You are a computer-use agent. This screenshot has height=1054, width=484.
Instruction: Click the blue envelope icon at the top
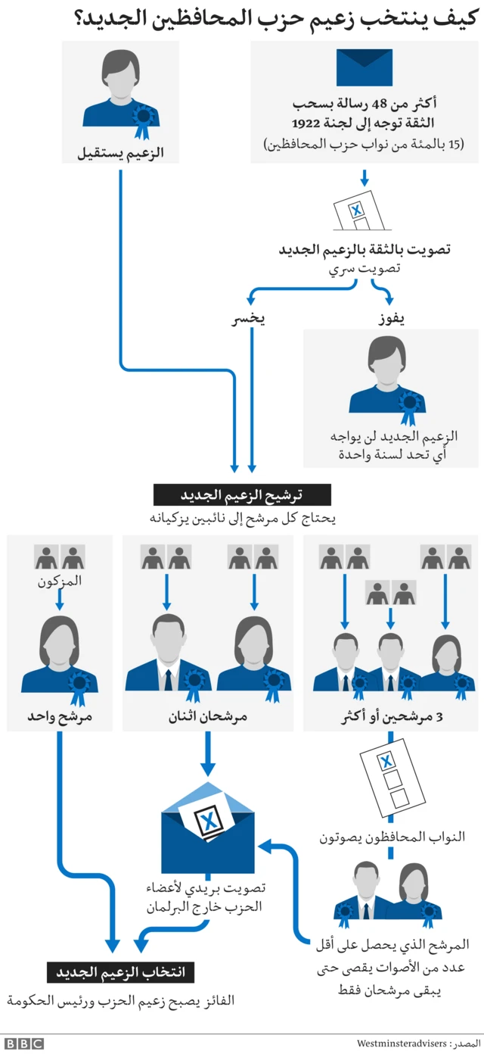pos(364,67)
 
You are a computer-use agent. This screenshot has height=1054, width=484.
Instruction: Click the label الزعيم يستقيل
pos(121,154)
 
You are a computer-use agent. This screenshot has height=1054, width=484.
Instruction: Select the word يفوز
pos(392,318)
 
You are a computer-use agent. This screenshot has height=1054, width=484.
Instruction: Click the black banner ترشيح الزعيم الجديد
pos(241,495)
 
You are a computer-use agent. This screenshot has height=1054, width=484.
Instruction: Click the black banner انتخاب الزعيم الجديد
pos(121,971)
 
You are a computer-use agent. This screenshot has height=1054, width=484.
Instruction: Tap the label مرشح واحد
pos(59,716)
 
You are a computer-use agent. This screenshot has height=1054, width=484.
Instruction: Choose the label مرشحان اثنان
pos(207,716)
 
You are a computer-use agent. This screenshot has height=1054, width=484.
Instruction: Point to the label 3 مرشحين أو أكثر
pos(390,716)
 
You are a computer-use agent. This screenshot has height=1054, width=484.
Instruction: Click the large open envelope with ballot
pos(208,837)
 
